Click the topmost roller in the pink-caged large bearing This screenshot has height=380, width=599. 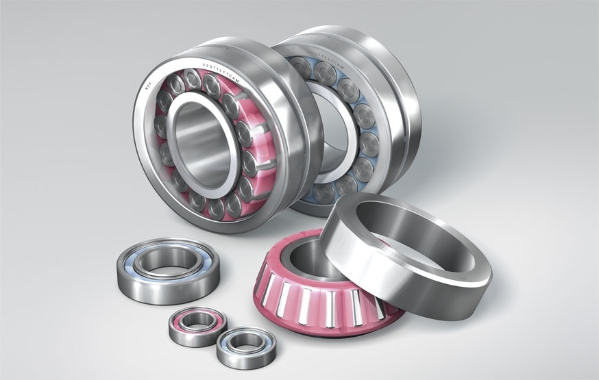[193, 79]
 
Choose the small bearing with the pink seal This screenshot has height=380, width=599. [197, 325]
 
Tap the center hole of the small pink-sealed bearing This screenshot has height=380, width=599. [197, 320]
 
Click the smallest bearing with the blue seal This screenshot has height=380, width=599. [246, 347]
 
